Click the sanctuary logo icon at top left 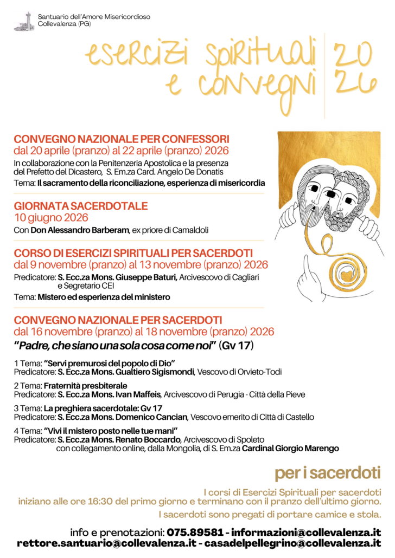click(24, 21)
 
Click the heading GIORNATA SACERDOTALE click(81, 206)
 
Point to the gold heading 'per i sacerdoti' click(327, 473)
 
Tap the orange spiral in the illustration click(346, 269)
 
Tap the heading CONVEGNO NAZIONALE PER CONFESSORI click(122, 139)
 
